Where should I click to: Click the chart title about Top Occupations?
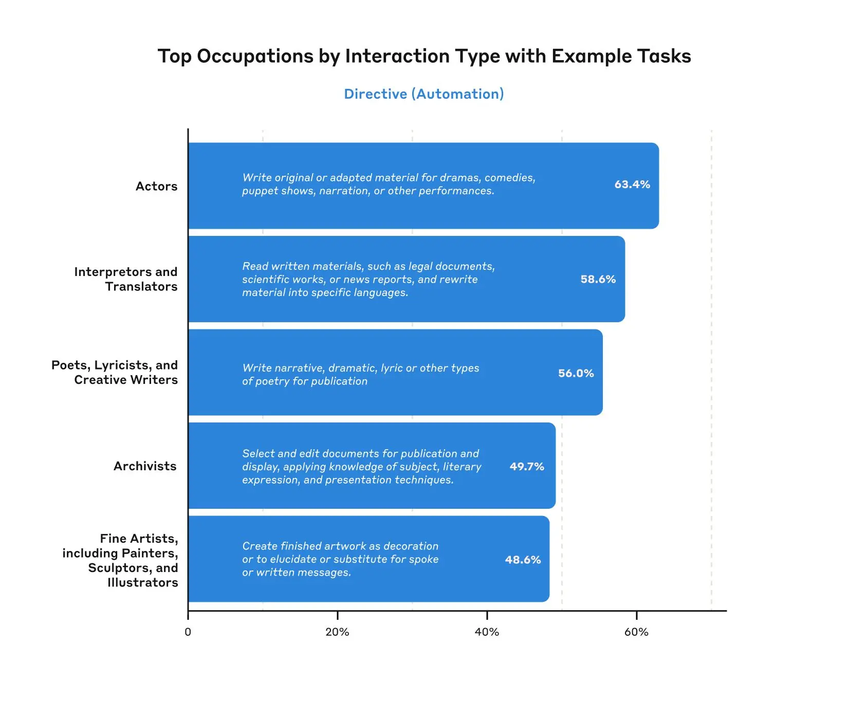click(x=424, y=56)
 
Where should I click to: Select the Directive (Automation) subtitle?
click(x=424, y=94)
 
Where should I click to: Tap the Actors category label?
click(x=156, y=186)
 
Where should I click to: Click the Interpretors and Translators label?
click(x=126, y=279)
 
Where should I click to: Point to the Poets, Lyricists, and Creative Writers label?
click(x=115, y=372)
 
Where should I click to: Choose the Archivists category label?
click(x=145, y=466)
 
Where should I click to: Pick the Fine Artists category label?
click(x=120, y=560)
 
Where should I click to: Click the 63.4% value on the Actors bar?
click(x=632, y=185)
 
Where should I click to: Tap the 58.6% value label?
click(x=598, y=279)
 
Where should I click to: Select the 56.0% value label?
click(x=576, y=373)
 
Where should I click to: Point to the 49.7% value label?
click(x=527, y=467)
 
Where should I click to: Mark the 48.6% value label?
click(x=523, y=560)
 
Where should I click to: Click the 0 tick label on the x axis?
click(x=188, y=632)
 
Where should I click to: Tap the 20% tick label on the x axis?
click(x=337, y=632)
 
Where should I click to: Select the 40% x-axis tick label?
click(x=487, y=632)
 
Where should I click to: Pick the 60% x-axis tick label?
click(x=636, y=632)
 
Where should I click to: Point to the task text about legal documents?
click(x=368, y=279)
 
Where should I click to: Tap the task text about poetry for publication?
click(x=360, y=375)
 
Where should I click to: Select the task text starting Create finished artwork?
click(x=340, y=559)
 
